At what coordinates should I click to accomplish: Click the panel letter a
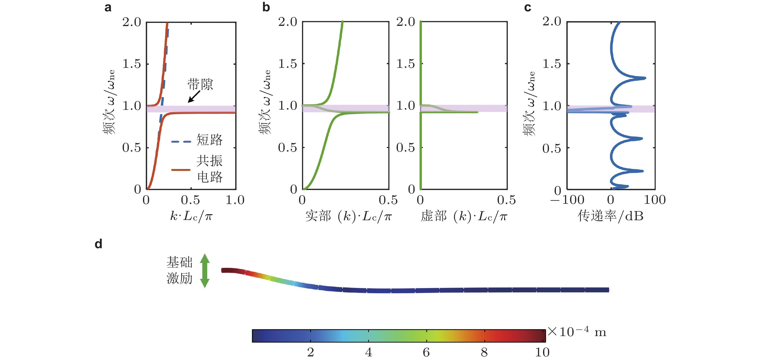point(108,7)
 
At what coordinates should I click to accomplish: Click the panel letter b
point(266,7)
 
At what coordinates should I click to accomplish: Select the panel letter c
point(528,7)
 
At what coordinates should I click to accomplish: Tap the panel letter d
point(99,244)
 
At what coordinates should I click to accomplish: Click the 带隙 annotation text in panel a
point(200,85)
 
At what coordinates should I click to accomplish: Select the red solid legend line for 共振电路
point(181,170)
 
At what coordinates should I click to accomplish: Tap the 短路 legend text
point(209,140)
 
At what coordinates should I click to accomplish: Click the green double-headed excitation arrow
point(205,270)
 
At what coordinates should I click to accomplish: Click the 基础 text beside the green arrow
point(179,262)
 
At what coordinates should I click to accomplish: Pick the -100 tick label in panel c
point(567,200)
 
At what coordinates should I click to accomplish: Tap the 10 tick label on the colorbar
point(542,352)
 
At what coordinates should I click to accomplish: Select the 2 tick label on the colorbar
point(310,352)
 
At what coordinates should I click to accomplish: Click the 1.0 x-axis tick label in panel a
point(235,200)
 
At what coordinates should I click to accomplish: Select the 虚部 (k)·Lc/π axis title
point(464,216)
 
